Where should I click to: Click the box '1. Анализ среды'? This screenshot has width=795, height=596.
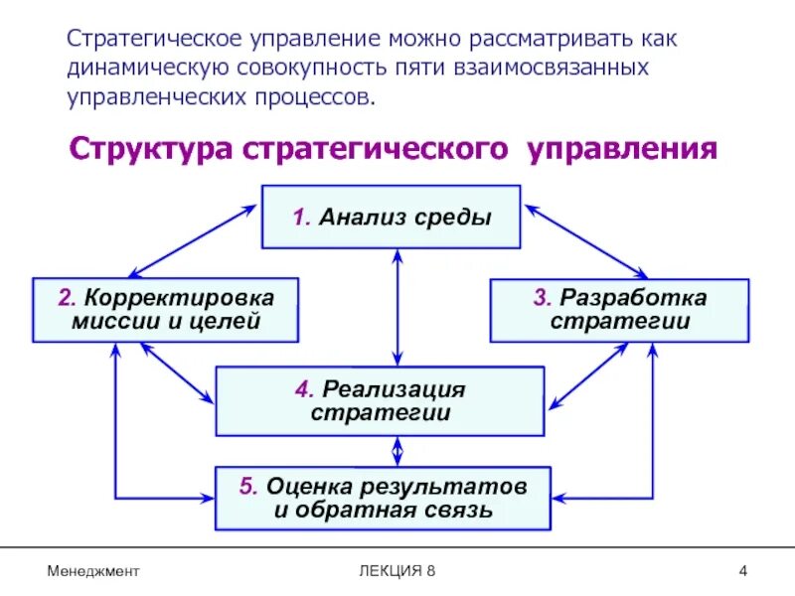[391, 217]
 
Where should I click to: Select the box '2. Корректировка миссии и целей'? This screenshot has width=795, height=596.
[165, 310]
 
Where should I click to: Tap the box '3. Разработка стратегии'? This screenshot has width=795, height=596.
[619, 310]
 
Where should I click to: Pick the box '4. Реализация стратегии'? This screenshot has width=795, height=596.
[380, 400]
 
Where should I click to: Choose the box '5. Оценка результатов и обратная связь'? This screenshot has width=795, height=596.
[383, 499]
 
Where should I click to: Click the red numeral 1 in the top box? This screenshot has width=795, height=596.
[298, 218]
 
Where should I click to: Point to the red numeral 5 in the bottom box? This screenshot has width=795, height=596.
[247, 487]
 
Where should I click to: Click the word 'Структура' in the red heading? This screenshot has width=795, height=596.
[149, 150]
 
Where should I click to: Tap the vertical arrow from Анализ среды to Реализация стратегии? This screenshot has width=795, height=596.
[397, 308]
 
